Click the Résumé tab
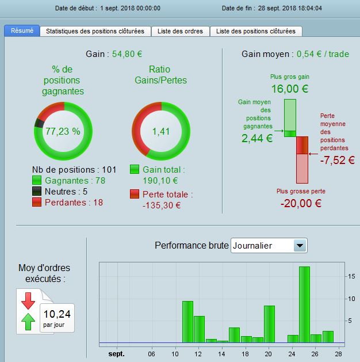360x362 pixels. point(22,31)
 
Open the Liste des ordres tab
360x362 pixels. point(180,31)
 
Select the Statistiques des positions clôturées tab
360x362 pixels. point(95,31)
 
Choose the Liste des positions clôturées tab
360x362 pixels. point(256,31)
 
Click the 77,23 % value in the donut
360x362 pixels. point(63,131)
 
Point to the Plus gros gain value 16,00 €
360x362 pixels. point(290,89)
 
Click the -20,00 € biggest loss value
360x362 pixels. point(301,203)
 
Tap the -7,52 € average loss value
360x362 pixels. point(335,160)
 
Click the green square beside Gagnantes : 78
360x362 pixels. point(37,180)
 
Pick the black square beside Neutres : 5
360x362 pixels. point(37,191)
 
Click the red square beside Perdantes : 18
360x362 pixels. point(37,202)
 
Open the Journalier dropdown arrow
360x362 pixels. point(299,246)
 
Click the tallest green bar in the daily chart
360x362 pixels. point(304,303)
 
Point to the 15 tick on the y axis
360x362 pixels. point(350,276)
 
